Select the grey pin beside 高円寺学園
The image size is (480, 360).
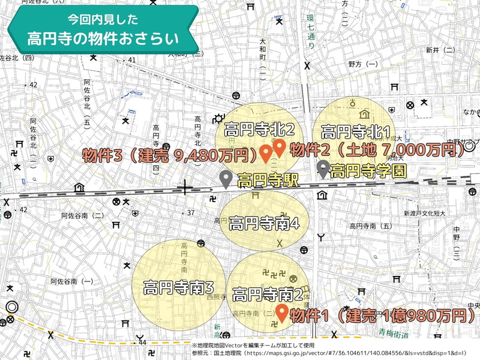[x=323, y=169]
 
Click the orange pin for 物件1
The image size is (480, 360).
[x=281, y=312]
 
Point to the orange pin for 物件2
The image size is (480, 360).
[x=278, y=146]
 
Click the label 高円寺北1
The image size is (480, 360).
[x=356, y=131]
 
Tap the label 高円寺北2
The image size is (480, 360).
[x=259, y=129]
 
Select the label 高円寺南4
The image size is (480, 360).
[x=264, y=223]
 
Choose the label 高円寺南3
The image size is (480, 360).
[x=178, y=289]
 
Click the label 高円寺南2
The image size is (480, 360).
[x=267, y=295]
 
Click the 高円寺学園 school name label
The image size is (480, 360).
[x=368, y=171]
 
